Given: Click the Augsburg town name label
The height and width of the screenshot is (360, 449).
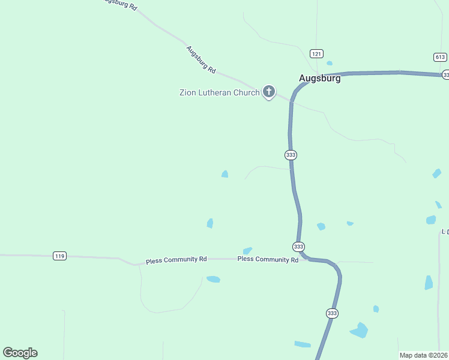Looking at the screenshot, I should coord(320,78).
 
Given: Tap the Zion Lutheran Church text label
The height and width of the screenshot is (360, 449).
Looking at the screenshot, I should coord(220,92).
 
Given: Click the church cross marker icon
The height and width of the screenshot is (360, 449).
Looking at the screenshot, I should coord(269,92).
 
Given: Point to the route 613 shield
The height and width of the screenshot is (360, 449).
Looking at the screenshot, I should coord(440,57).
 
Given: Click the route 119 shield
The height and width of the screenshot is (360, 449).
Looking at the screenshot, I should coord(59,256).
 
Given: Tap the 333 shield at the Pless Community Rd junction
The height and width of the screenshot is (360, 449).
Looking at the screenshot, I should coord(299,247).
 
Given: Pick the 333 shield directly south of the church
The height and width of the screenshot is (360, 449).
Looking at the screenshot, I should coord(291,155).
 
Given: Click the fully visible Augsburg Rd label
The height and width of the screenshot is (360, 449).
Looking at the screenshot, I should coord(200,59).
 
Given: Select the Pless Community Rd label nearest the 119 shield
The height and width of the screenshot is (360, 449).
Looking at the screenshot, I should coord(176,260).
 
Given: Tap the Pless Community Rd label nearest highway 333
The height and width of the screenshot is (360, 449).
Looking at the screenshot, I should coord(268,260).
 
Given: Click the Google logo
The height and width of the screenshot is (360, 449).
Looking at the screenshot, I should coord(20,353).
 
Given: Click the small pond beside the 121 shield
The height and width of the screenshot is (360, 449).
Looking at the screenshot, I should coord(330,63).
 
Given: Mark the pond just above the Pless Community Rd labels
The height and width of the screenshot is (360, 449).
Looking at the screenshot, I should coord(247,251).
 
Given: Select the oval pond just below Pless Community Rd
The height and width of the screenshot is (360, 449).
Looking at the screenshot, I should coord(213,279).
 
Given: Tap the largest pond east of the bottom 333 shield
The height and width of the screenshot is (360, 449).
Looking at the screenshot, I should coord(360,330).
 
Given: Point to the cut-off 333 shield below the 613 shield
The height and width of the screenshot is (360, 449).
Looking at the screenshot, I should coord(445,74).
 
